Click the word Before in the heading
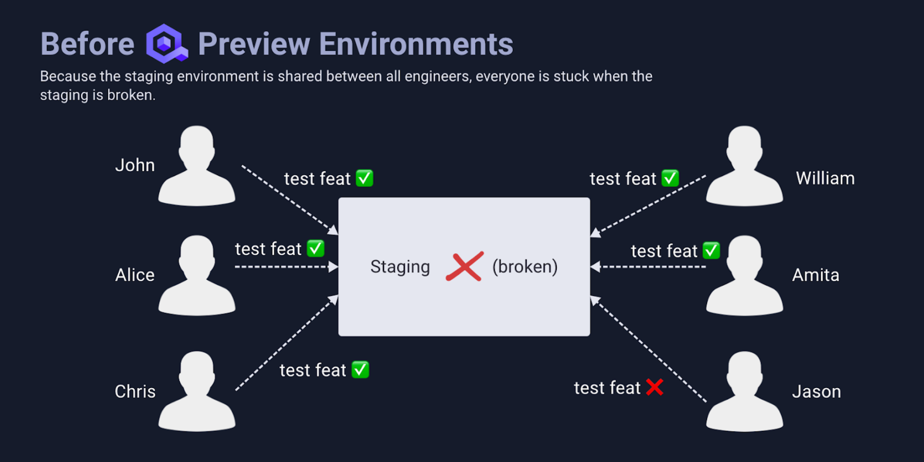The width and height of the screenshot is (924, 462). pyautogui.click(x=87, y=44)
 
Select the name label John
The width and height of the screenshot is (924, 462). pyautogui.click(x=135, y=165)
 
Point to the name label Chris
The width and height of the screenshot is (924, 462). pyautogui.click(x=135, y=391)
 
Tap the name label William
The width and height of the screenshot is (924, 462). pyautogui.click(x=825, y=178)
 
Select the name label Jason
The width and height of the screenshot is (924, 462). pyautogui.click(x=816, y=391)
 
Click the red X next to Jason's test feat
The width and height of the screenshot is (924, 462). pyautogui.click(x=655, y=387)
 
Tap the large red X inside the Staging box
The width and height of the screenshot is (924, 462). pyautogui.click(x=464, y=267)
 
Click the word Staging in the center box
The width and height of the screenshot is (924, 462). pyautogui.click(x=400, y=267)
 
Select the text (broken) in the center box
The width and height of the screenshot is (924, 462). pyautogui.click(x=525, y=267)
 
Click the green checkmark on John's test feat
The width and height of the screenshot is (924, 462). pyautogui.click(x=365, y=178)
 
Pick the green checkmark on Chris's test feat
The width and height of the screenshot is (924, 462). pyautogui.click(x=360, y=370)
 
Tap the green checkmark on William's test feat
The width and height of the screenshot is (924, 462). pyautogui.click(x=670, y=178)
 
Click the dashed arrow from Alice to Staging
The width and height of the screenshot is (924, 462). pyautogui.click(x=284, y=267)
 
